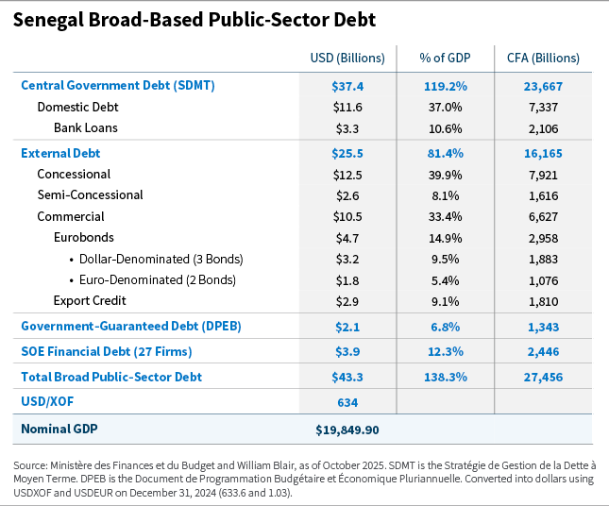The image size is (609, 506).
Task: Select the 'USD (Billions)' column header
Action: pos(347,59)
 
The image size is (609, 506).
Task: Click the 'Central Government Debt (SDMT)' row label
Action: pos(118,85)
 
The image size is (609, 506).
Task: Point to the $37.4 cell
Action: pos(347,85)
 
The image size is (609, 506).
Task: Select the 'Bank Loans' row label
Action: pos(85,128)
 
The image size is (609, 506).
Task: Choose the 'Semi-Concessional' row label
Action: pos(90,195)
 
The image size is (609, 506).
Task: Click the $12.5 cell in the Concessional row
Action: pos(347,175)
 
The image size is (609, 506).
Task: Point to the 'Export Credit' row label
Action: pos(90,301)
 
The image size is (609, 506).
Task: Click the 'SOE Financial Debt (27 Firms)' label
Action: pos(107,351)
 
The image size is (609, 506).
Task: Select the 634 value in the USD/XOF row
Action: pos(347,402)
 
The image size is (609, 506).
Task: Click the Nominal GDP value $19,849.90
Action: pos(347,430)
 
